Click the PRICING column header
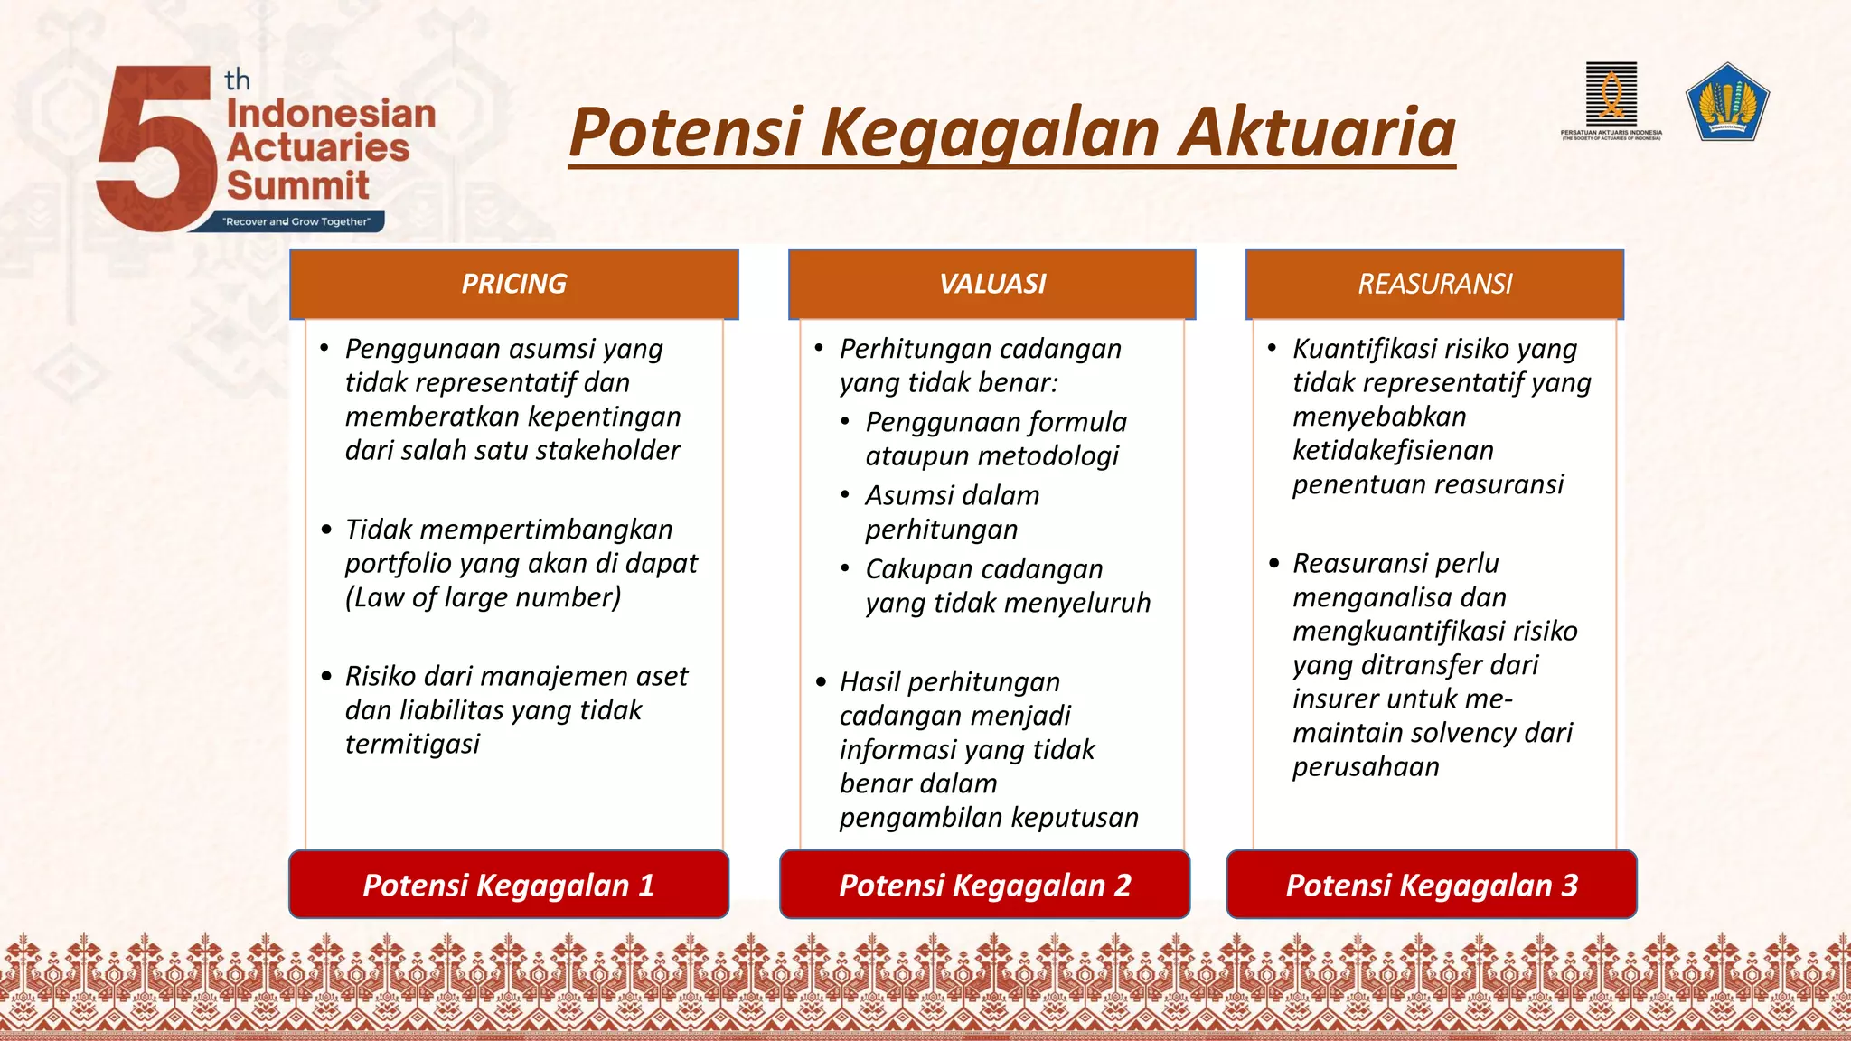point(513,284)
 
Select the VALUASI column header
point(991,284)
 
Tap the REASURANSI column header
point(1434,284)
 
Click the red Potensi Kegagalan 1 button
point(508,885)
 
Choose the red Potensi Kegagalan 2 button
point(984,885)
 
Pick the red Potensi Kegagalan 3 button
point(1432,885)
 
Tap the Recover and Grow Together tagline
point(296,221)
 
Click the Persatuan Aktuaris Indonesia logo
point(1611,99)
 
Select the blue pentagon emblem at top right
point(1727,101)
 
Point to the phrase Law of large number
point(483,597)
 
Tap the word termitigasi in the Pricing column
point(412,744)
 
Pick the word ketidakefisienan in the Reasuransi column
point(1393,450)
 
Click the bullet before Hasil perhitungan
point(821,682)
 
